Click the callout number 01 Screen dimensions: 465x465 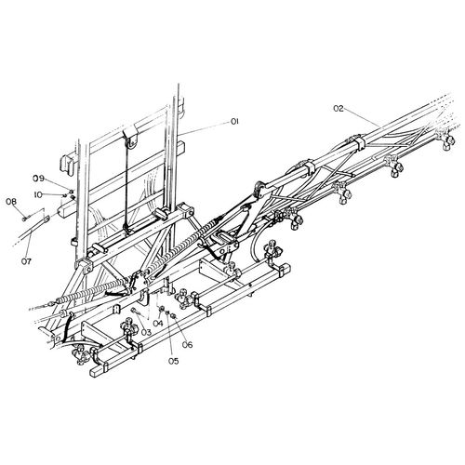(x=234, y=122)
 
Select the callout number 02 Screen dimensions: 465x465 (x=339, y=109)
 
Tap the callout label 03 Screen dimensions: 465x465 (x=146, y=333)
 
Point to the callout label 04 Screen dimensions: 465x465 (x=157, y=323)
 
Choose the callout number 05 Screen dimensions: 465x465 (x=174, y=361)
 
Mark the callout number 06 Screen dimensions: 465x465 (x=187, y=344)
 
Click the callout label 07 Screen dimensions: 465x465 (x=26, y=261)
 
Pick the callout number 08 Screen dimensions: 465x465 (x=11, y=202)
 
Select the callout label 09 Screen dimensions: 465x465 (x=39, y=179)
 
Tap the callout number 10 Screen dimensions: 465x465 (x=38, y=195)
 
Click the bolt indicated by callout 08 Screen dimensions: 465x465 (x=24, y=219)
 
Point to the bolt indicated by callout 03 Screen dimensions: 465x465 (x=135, y=311)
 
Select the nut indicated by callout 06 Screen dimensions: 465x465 (x=174, y=316)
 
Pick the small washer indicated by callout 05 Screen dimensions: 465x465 (x=167, y=313)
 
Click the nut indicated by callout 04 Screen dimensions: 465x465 (x=162, y=309)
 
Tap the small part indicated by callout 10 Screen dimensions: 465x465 (x=65, y=195)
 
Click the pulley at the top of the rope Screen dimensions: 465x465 (x=131, y=138)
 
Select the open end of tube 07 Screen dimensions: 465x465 (x=46, y=219)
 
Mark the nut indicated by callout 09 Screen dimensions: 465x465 (x=71, y=192)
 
